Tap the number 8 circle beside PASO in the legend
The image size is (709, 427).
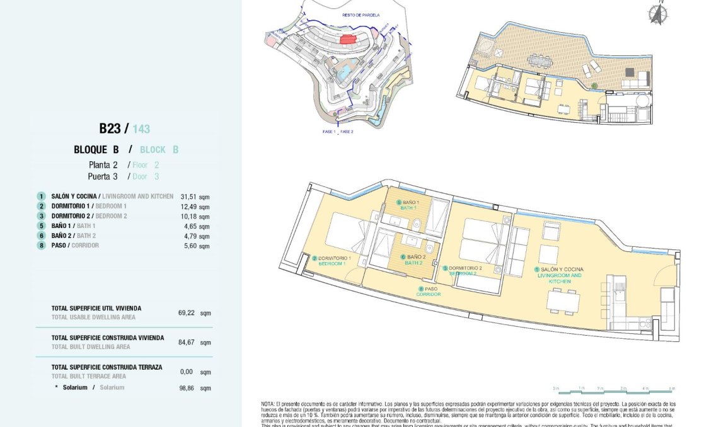click(x=41, y=246)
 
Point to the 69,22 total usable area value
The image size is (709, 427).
click(x=187, y=312)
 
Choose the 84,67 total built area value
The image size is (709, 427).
click(x=187, y=342)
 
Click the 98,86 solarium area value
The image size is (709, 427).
click(x=187, y=388)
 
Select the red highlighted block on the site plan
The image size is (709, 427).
click(x=348, y=39)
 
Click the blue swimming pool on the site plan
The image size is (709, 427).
click(x=343, y=74)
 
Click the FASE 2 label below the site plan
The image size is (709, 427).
click(x=347, y=132)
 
